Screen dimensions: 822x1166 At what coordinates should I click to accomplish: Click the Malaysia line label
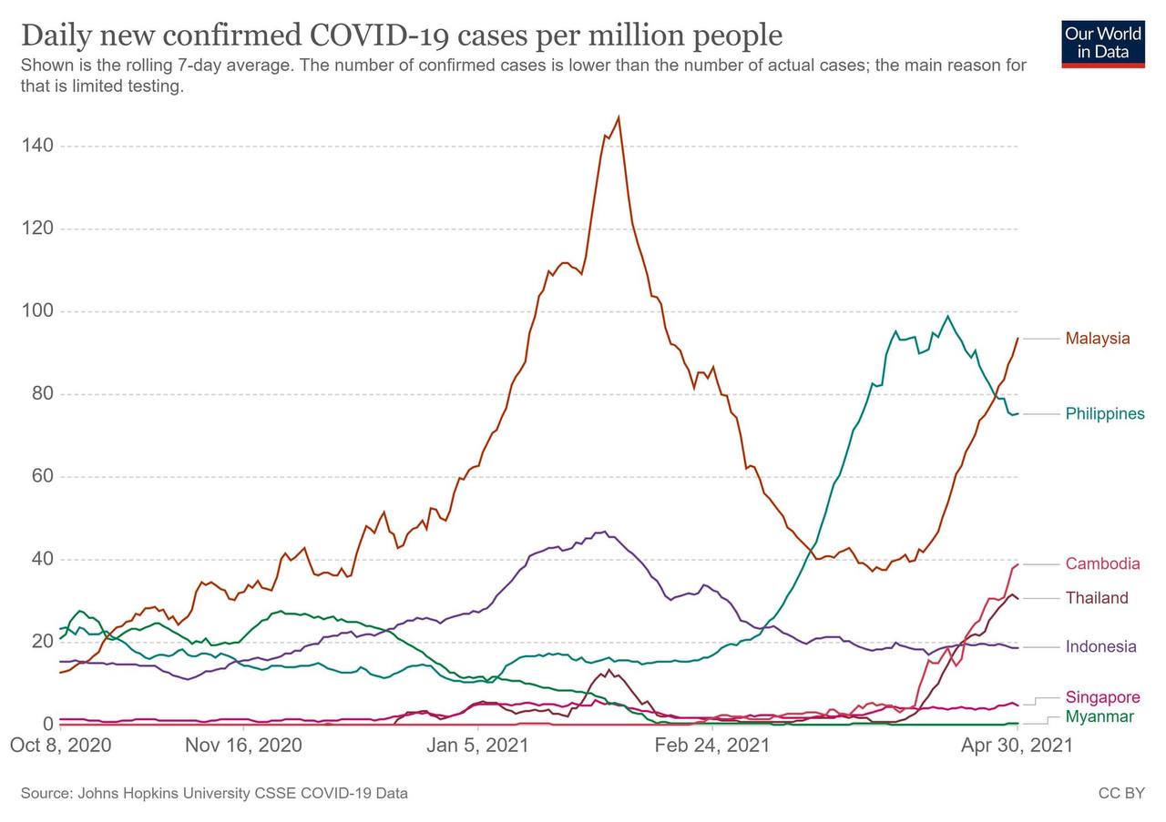[x=1098, y=339]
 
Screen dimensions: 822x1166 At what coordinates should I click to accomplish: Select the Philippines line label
[x=1105, y=414]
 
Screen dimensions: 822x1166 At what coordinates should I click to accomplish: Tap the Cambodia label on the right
[x=1102, y=564]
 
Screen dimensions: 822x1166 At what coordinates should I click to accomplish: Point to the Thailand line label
[x=1097, y=598]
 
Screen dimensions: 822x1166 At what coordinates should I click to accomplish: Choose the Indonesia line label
[x=1100, y=647]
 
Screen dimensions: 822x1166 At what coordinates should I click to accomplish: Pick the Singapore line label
[x=1102, y=697]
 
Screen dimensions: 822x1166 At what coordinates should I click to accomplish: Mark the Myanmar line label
[x=1100, y=717]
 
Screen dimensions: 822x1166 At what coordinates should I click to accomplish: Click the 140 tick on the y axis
[x=37, y=146]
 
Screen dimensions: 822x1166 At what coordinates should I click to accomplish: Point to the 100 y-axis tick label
[x=37, y=311]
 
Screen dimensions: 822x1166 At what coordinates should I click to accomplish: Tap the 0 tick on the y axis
[x=46, y=725]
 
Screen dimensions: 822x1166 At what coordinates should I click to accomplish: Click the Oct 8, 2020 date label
[x=60, y=746]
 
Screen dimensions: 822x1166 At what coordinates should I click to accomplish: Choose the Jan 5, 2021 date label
[x=476, y=746]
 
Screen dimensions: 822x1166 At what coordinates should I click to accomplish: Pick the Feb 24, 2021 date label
[x=711, y=746]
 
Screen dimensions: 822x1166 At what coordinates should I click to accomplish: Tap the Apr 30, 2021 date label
[x=1017, y=746]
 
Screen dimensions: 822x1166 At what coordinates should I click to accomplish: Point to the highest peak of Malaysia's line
[x=619, y=117]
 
